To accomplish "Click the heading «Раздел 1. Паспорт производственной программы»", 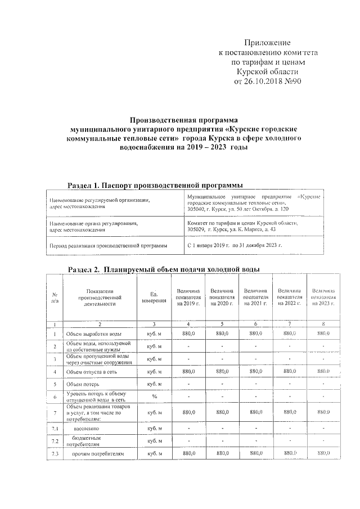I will click(x=155, y=185).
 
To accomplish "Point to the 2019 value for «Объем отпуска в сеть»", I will click(x=188, y=371).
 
